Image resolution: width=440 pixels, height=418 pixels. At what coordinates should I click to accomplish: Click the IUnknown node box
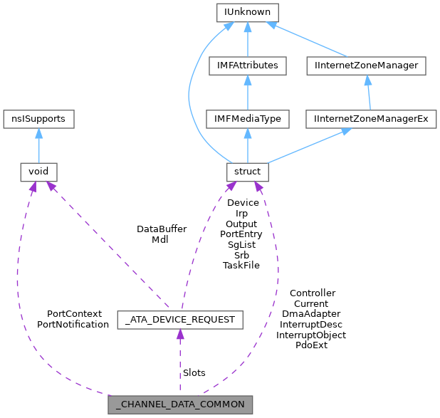(x=247, y=12)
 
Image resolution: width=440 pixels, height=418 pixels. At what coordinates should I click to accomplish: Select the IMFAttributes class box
(x=247, y=66)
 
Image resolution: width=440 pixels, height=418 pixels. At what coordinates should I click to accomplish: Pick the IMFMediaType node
(x=247, y=118)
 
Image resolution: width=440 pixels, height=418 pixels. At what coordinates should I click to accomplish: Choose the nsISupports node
(x=38, y=118)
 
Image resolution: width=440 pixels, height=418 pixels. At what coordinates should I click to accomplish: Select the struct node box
(x=247, y=171)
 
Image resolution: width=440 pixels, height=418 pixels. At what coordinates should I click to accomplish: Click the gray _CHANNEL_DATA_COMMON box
(x=180, y=404)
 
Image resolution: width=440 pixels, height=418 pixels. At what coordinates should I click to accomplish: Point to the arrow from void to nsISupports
(x=38, y=145)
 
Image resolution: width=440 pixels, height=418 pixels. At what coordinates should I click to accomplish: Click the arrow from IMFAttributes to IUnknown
(x=247, y=39)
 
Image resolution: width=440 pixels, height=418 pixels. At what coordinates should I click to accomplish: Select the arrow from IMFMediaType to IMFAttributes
(x=247, y=93)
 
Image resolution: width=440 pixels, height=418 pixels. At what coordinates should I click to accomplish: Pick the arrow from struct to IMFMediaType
(x=247, y=145)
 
